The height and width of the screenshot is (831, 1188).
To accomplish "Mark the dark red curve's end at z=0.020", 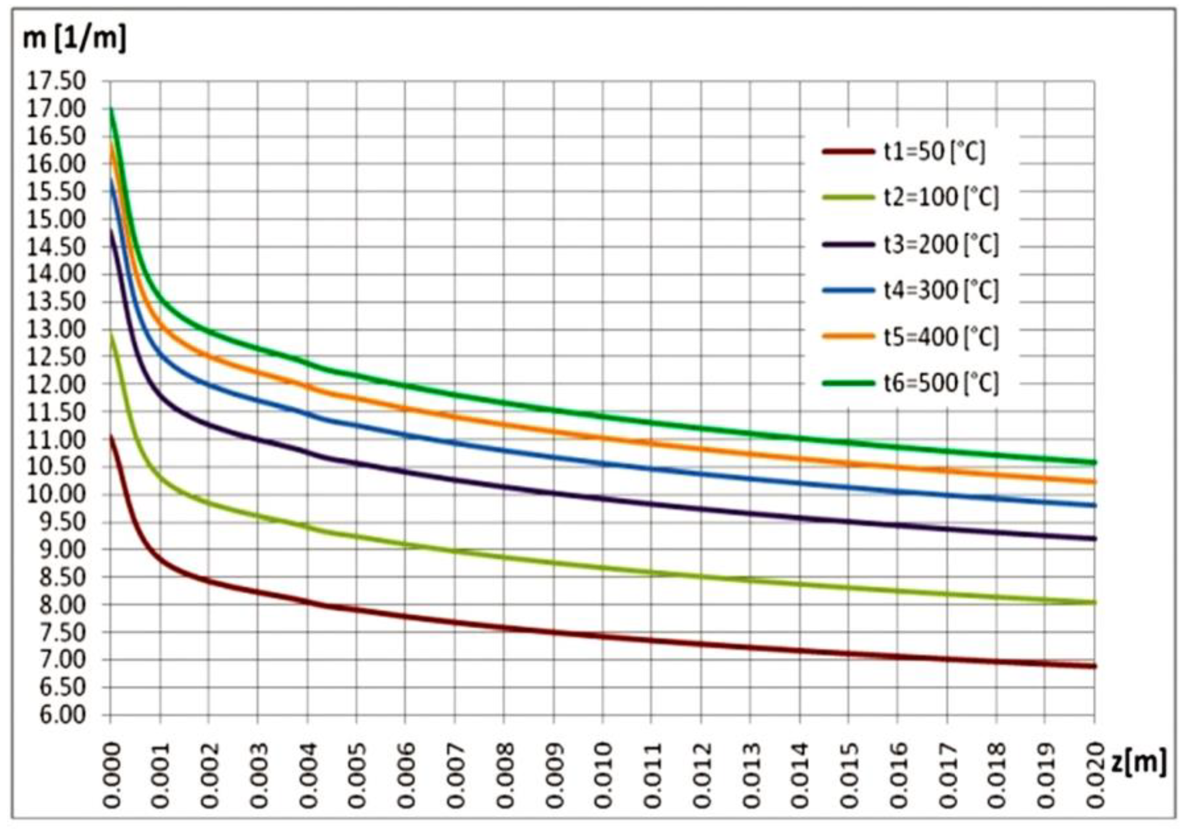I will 1094,667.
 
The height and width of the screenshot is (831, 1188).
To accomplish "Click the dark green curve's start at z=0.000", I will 111,108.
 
